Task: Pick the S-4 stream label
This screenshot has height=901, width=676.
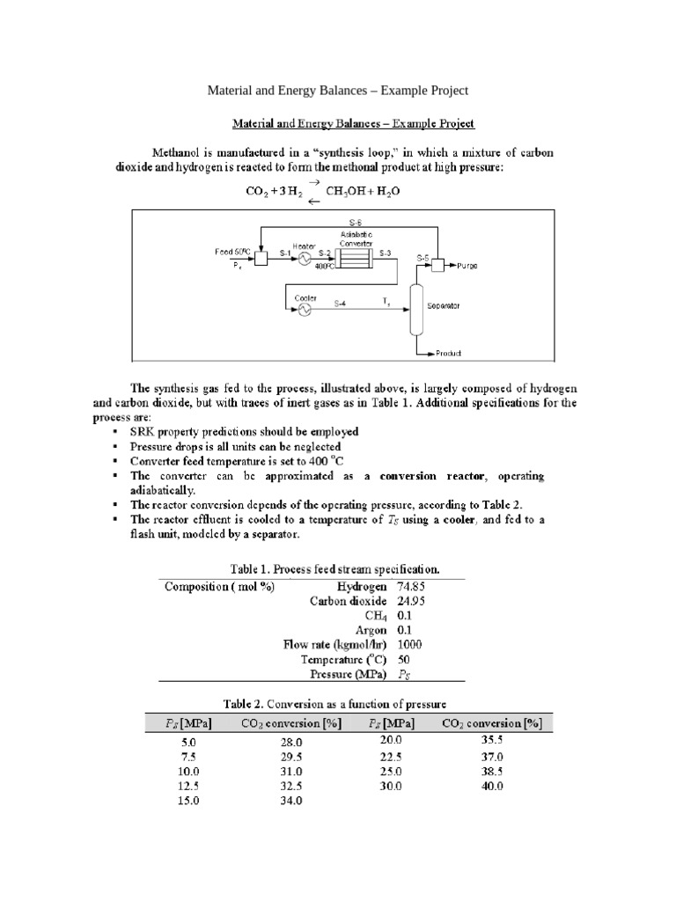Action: point(339,304)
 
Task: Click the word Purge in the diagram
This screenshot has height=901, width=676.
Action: point(467,265)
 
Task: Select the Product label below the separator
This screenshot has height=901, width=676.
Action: point(449,354)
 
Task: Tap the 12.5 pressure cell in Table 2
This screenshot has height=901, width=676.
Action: point(189,786)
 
